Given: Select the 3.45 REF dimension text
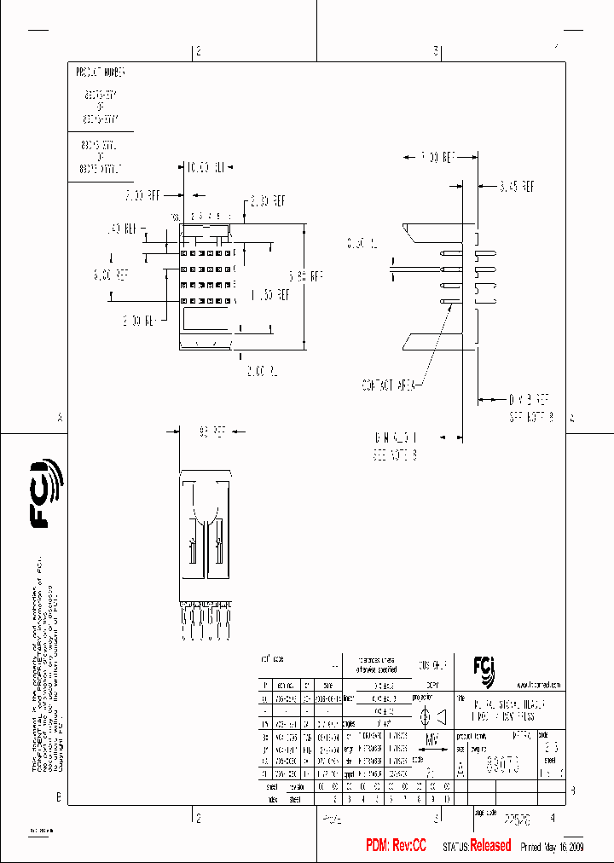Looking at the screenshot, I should click(x=517, y=184).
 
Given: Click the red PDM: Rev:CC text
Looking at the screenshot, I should click(x=396, y=845).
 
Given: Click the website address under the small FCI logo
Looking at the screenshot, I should click(x=537, y=685).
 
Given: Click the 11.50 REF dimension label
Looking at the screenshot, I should click(x=269, y=294).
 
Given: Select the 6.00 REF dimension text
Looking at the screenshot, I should click(x=111, y=275).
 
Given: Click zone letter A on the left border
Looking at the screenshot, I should click(x=60, y=418).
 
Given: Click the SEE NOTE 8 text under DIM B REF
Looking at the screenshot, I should click(x=530, y=418).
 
